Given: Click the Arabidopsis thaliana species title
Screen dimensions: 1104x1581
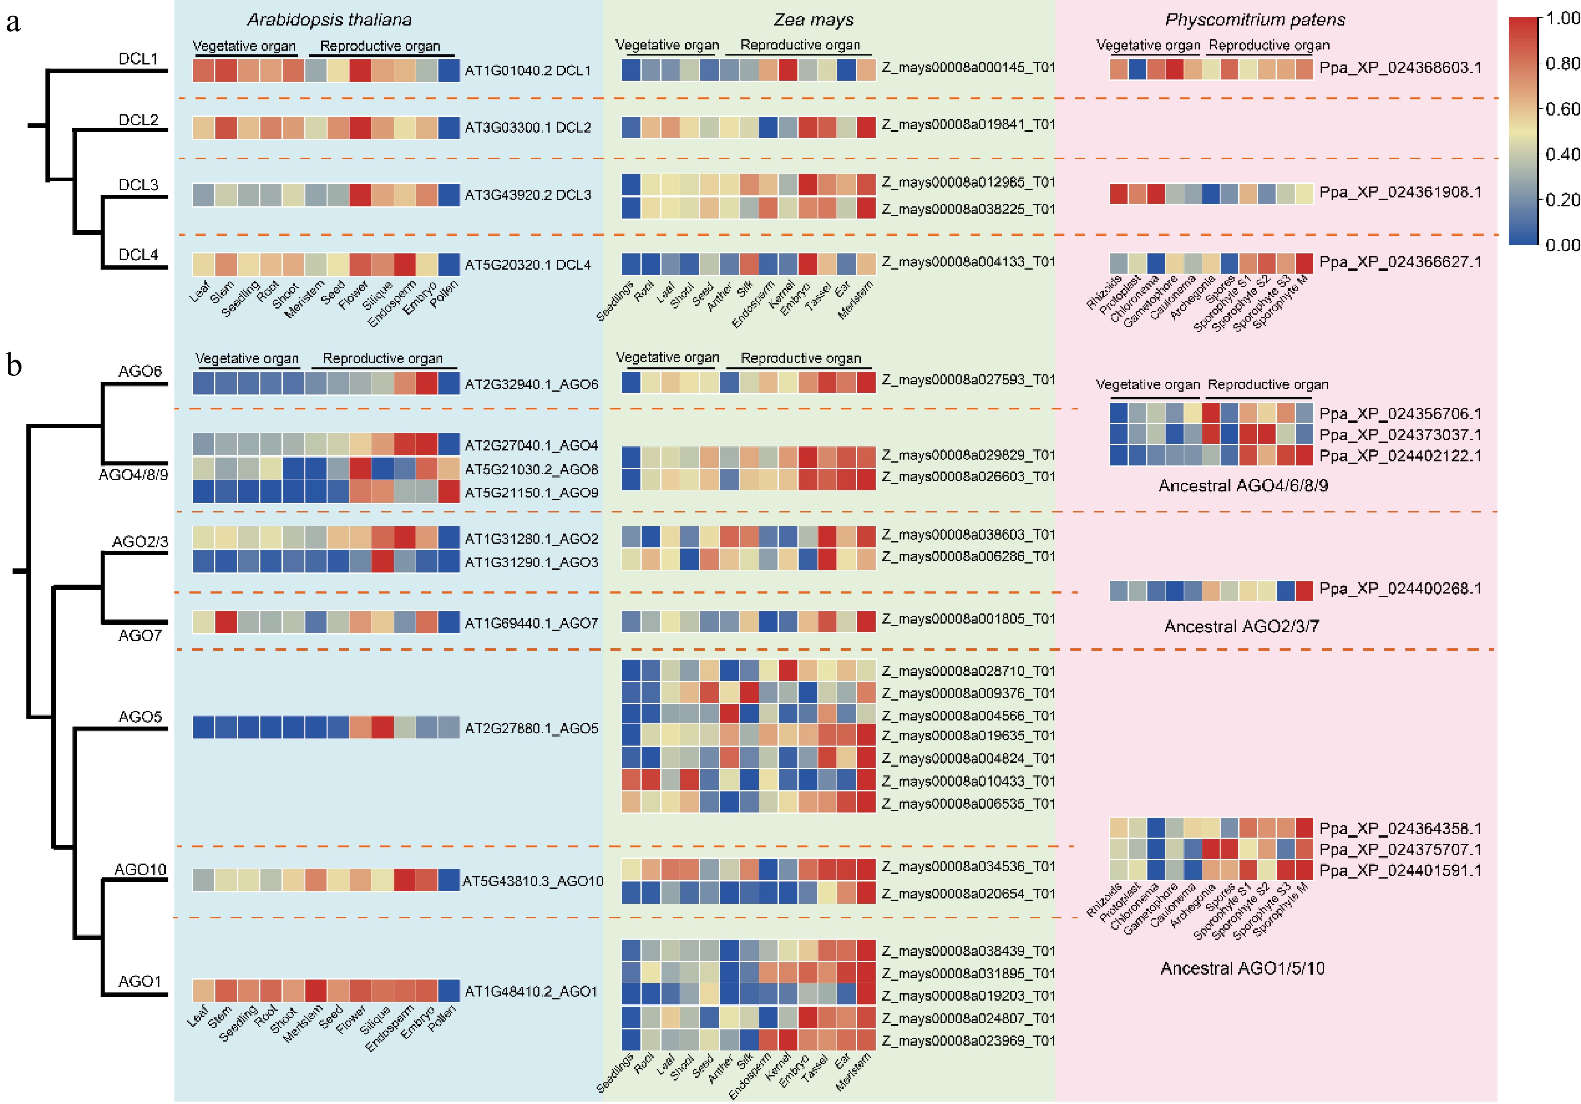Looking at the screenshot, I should pyautogui.click(x=329, y=20).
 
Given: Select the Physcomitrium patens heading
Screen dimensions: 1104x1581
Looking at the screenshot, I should pyautogui.click(x=1254, y=20).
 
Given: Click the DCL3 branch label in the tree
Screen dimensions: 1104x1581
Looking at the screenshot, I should pyautogui.click(x=138, y=184).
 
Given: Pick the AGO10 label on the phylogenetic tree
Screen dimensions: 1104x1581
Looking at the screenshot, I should pyautogui.click(x=140, y=869).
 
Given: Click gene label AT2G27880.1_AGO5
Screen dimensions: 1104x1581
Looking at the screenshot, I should pyautogui.click(x=531, y=728).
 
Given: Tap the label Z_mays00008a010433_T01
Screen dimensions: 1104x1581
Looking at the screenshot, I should pyautogui.click(x=968, y=781).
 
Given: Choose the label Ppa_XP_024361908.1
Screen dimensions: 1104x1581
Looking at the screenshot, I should pyautogui.click(x=1400, y=193).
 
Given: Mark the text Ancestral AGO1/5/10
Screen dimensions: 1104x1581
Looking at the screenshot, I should pyautogui.click(x=1242, y=969).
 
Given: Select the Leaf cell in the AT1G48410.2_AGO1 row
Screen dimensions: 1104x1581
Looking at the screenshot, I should pyautogui.click(x=203, y=990).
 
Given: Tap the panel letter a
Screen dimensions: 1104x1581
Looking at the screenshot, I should pyautogui.click(x=13, y=23).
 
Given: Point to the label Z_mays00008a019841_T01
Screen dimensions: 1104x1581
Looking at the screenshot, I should pyautogui.click(x=968, y=124).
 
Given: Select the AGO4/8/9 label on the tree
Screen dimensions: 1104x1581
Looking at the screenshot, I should pyautogui.click(x=133, y=475).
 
